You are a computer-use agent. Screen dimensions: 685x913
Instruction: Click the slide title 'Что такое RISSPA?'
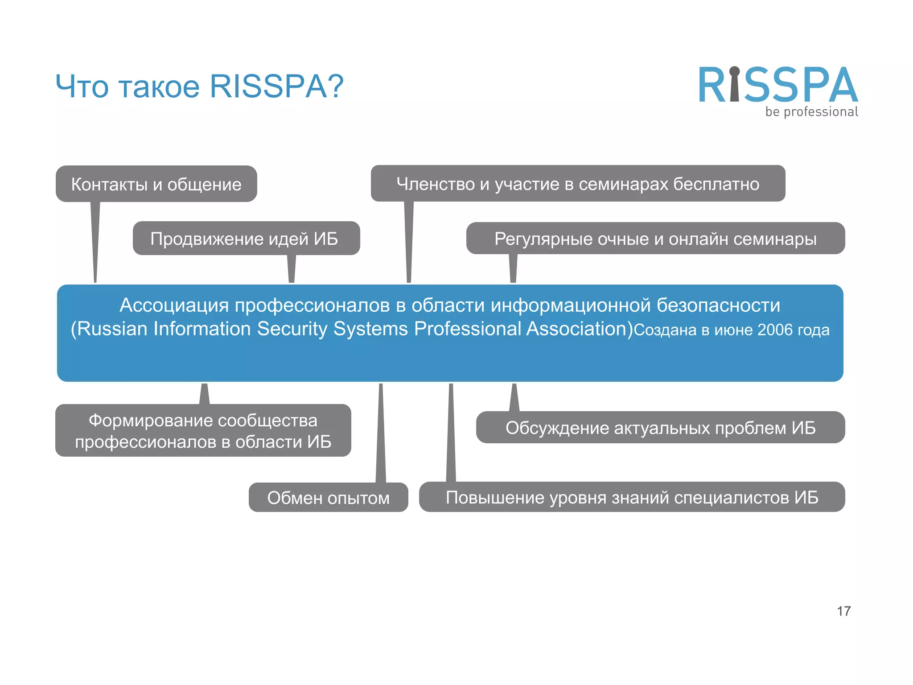coord(199,86)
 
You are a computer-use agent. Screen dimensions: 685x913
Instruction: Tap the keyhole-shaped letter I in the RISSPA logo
coord(734,85)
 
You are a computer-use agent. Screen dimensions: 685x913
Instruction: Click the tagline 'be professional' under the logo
coord(811,112)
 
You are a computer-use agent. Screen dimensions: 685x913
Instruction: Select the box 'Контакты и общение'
coord(156,184)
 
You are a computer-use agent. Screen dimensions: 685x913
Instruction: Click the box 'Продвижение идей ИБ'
coord(246,239)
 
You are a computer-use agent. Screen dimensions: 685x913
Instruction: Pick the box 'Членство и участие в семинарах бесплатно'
coord(578,184)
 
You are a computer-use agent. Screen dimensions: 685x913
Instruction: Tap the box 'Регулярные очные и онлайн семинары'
coord(655,239)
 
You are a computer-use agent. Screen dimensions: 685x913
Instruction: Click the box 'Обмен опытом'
coord(328,498)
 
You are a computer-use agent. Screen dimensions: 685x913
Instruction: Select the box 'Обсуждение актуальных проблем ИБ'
coord(660,428)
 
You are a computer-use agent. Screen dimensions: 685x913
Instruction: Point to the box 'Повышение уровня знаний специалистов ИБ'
coord(632,497)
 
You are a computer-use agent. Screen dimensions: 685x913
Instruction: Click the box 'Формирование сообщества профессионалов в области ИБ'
coord(203,431)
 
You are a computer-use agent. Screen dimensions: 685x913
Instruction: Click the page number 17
coord(843,611)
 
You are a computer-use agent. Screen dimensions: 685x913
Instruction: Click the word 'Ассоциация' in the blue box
coord(174,305)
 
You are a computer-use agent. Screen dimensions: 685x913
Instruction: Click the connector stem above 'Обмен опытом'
coord(381,433)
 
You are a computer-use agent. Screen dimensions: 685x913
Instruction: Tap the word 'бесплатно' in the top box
coord(716,184)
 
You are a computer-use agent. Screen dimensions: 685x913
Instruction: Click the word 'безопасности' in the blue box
coord(718,305)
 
